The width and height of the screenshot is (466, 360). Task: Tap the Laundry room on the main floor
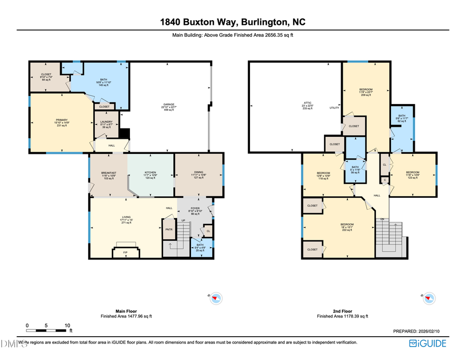(106, 125)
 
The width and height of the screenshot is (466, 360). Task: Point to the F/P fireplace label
(125, 252)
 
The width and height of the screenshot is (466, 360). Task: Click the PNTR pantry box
(169, 229)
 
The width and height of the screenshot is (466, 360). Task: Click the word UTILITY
(334, 108)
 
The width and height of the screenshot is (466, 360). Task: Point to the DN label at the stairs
(383, 219)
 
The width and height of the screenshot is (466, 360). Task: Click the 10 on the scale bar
(67, 325)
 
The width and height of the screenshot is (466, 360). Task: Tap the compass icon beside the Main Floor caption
(216, 298)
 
